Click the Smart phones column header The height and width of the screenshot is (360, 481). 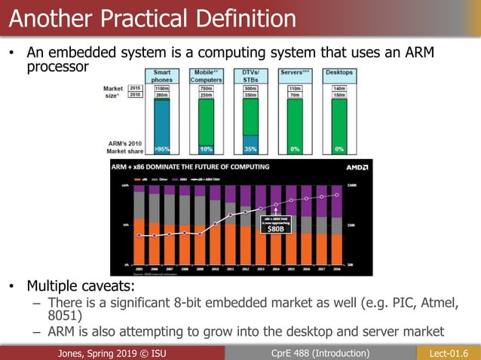162,76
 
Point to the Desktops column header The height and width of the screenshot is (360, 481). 339,73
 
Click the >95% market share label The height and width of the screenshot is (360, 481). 162,148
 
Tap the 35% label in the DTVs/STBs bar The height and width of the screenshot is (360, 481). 251,148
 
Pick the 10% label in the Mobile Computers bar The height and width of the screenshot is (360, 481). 206,148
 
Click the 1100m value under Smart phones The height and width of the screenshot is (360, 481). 162,87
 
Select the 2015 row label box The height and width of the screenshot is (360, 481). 135,87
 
